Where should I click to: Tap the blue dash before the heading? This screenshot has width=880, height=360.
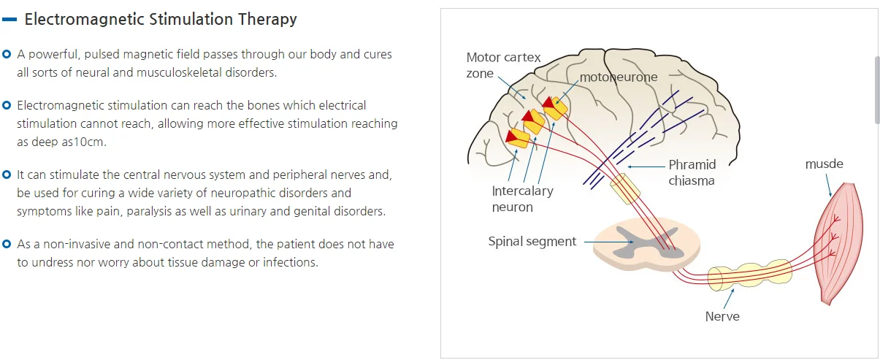click(9, 19)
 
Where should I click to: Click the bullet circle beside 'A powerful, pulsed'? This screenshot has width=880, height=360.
click(7, 54)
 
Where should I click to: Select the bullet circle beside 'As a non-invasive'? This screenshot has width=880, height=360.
click(7, 244)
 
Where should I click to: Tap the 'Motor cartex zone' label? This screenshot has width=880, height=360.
click(503, 65)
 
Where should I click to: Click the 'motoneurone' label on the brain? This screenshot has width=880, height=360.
click(619, 77)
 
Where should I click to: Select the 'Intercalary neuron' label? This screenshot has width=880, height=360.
click(522, 199)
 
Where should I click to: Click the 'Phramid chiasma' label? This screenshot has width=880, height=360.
click(692, 172)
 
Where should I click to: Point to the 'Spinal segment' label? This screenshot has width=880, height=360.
click(532, 241)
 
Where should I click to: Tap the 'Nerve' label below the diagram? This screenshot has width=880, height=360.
click(722, 316)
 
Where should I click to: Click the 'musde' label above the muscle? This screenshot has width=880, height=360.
click(824, 164)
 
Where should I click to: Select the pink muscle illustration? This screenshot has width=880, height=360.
click(838, 244)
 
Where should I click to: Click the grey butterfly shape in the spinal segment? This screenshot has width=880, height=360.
click(644, 242)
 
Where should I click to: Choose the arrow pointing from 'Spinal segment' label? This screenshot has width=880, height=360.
click(609, 242)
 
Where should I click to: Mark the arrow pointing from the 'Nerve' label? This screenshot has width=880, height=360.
click(729, 299)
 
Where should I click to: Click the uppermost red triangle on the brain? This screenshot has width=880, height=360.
click(548, 102)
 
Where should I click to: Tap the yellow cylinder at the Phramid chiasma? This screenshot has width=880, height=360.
click(625, 189)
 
